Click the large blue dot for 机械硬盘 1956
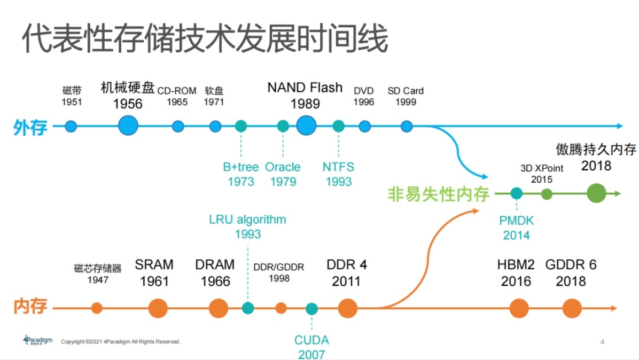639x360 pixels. coord(128,126)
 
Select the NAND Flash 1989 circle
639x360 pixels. coord(306,126)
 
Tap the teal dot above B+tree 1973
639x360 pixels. coord(241,126)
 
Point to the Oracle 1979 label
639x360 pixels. coord(283,174)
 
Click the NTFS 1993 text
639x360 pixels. coord(338,174)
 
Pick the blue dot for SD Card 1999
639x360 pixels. coord(407,126)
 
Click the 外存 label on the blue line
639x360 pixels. coord(30,128)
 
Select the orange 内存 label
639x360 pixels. coord(30,307)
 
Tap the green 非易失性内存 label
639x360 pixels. coord(439,194)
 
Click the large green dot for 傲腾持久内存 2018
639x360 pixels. coord(596,193)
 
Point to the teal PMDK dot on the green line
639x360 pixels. coord(516,193)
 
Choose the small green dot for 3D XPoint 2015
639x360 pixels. coord(547,193)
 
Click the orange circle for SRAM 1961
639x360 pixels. coord(158,308)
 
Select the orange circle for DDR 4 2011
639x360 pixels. coord(347,308)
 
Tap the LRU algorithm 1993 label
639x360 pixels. coord(247,226)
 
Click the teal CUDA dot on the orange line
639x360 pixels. coord(312,309)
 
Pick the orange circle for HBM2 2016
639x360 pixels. coord(519,308)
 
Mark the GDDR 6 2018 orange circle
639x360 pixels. coord(572,308)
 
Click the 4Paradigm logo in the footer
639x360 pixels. coord(38,340)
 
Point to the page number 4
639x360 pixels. coord(603,342)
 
